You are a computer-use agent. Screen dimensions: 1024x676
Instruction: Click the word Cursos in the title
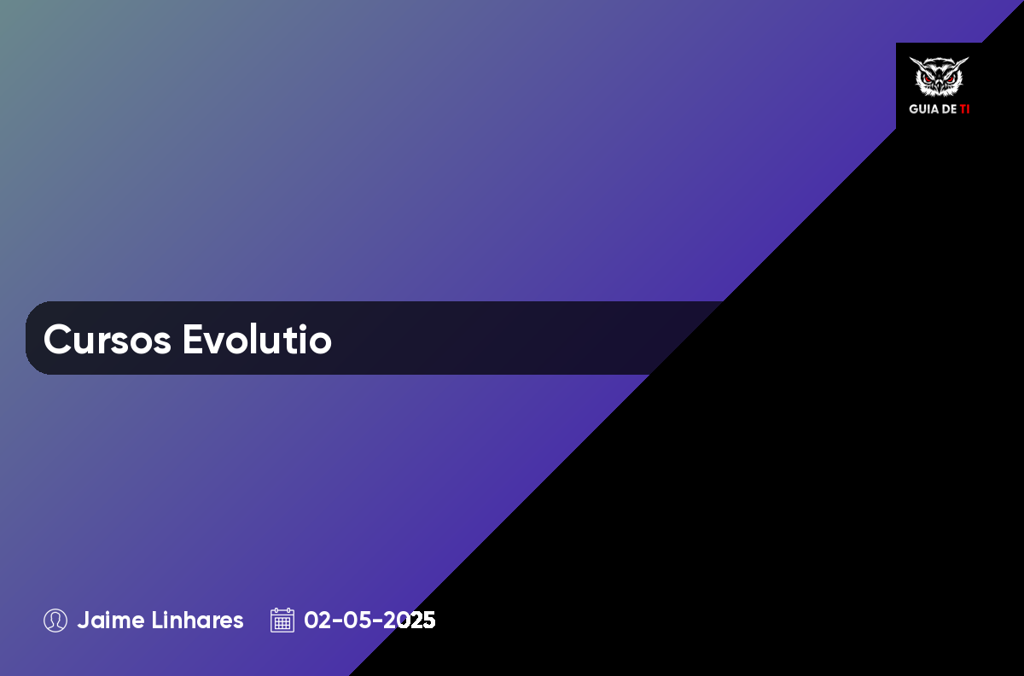click(108, 339)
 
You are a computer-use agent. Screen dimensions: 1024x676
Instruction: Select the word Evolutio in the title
click(258, 339)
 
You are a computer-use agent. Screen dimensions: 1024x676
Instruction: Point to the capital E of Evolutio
click(193, 339)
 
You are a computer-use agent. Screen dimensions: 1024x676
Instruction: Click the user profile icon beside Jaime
click(55, 621)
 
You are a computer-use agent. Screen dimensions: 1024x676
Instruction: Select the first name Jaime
click(111, 621)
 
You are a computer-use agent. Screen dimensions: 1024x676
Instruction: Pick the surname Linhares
click(197, 621)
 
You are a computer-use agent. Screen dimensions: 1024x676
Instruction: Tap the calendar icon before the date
click(282, 621)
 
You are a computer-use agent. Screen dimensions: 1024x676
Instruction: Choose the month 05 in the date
click(357, 621)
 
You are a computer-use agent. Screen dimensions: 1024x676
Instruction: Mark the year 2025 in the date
click(409, 621)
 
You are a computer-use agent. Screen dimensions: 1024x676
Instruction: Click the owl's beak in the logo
click(939, 85)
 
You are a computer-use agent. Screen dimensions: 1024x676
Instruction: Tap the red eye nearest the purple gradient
click(928, 79)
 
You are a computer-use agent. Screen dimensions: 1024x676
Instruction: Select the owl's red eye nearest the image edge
click(950, 79)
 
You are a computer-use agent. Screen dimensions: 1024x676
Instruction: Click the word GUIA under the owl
click(924, 109)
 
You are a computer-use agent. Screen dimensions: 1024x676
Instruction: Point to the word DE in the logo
click(950, 109)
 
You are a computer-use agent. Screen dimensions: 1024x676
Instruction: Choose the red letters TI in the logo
click(964, 109)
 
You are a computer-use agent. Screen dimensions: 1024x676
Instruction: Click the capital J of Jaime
click(84, 621)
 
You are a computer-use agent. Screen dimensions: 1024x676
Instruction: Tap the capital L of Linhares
click(157, 621)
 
